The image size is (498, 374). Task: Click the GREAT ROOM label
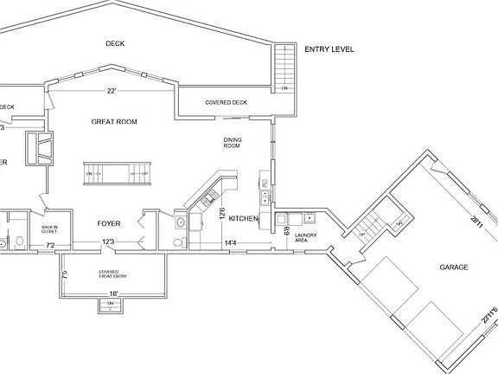[x=116, y=122]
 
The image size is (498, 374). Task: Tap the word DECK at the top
[x=116, y=43]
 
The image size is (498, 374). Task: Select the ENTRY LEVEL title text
[x=329, y=50]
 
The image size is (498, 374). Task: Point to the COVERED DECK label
[x=226, y=102]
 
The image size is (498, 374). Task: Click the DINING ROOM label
[x=233, y=144]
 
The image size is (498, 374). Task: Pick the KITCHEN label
[x=244, y=219]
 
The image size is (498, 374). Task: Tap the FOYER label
[x=108, y=223]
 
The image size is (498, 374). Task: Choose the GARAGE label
[x=453, y=268]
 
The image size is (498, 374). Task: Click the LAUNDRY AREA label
[x=305, y=238]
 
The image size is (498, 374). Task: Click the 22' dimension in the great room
[x=112, y=90]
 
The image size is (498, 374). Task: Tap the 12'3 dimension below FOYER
[x=108, y=243]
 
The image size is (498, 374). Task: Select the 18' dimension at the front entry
[x=112, y=294]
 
